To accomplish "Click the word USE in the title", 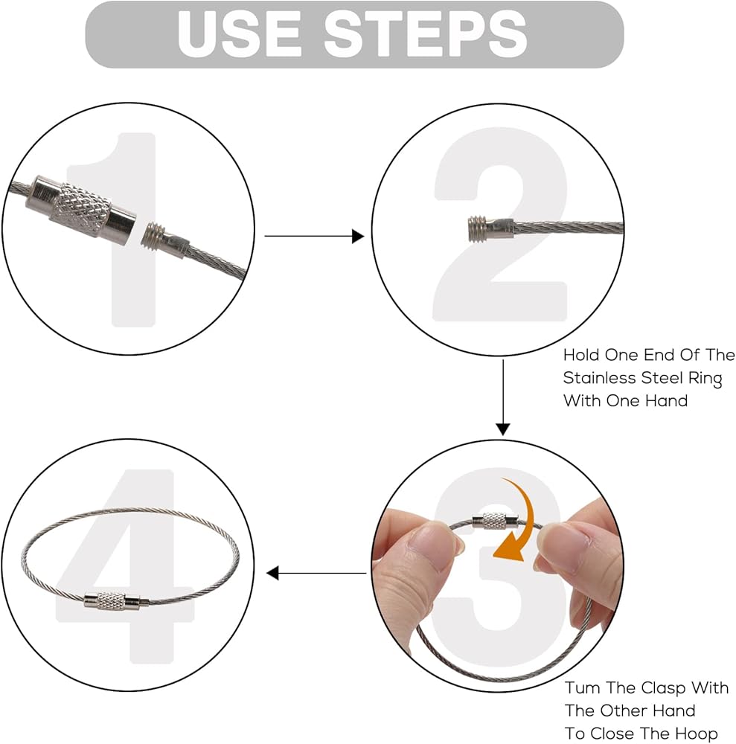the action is [239, 33].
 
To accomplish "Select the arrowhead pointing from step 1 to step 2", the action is [358, 236].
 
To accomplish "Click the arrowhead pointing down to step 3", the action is [503, 429].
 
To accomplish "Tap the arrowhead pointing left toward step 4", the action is [272, 573].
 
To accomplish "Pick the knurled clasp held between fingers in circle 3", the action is [494, 521].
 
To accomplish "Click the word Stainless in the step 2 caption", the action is [599, 378].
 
